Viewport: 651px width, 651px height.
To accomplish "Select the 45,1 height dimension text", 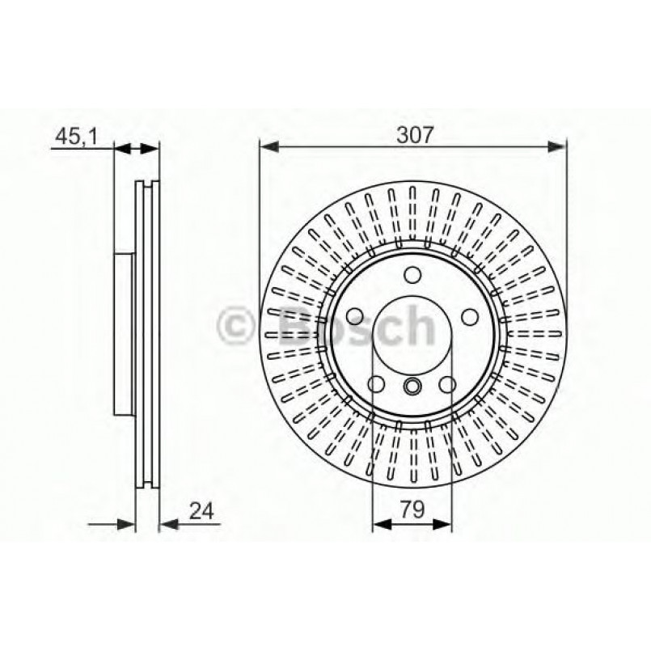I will click(76, 137).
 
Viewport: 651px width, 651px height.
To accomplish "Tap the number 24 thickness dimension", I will click(202, 511).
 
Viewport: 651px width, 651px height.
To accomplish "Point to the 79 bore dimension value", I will click(412, 511).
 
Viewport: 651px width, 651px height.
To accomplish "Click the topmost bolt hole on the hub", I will click(412, 274).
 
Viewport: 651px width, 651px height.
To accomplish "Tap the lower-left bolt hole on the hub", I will click(376, 384).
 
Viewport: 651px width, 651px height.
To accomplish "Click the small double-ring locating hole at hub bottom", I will click(412, 386).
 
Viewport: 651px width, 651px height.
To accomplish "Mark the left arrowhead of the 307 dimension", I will click(267, 146).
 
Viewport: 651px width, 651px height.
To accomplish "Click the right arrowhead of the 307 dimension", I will click(557, 146).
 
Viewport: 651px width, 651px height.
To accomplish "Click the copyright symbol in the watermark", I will click(240, 328).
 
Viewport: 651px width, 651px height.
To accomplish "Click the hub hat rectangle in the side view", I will click(125, 332).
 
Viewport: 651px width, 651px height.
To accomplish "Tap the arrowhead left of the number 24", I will click(167, 524).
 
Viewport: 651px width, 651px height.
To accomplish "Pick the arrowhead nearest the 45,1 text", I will click(121, 148).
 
